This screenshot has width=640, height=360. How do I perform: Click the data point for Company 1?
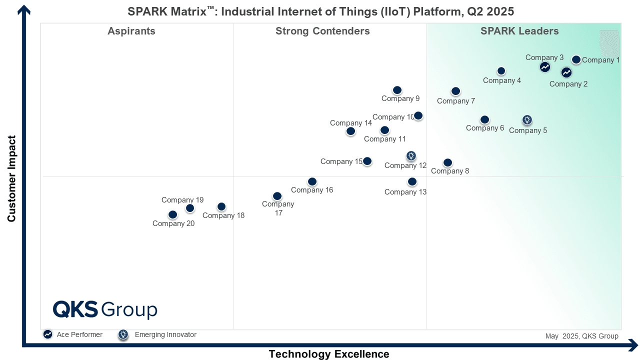tap(576, 59)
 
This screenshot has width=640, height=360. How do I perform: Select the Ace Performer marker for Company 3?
tap(545, 67)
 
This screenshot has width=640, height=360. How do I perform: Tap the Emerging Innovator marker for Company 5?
tap(527, 120)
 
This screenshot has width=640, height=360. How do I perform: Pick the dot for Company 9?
tap(397, 90)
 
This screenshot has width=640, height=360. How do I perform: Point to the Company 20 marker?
tap(172, 214)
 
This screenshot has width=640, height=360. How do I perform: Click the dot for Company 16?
tap(312, 181)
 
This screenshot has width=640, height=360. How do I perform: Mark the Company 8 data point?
tap(447, 162)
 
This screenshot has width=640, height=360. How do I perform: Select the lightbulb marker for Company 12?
tap(410, 156)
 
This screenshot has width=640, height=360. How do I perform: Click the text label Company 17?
tap(278, 208)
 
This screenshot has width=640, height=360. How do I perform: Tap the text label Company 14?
tap(350, 123)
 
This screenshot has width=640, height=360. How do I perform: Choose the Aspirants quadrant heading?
tap(131, 31)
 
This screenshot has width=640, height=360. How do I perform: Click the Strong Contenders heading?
tap(322, 31)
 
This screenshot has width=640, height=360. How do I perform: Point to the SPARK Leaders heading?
tap(519, 31)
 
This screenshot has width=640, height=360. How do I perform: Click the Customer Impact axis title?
tap(12, 178)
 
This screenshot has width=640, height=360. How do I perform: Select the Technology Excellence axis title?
tap(328, 354)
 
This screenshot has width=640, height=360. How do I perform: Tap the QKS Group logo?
tap(105, 309)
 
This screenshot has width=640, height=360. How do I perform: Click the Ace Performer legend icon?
tap(47, 334)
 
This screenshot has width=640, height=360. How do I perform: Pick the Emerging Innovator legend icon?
tap(123, 334)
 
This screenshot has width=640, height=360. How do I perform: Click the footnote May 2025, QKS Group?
tap(581, 336)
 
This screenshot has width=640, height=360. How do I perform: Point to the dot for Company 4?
tap(501, 71)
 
